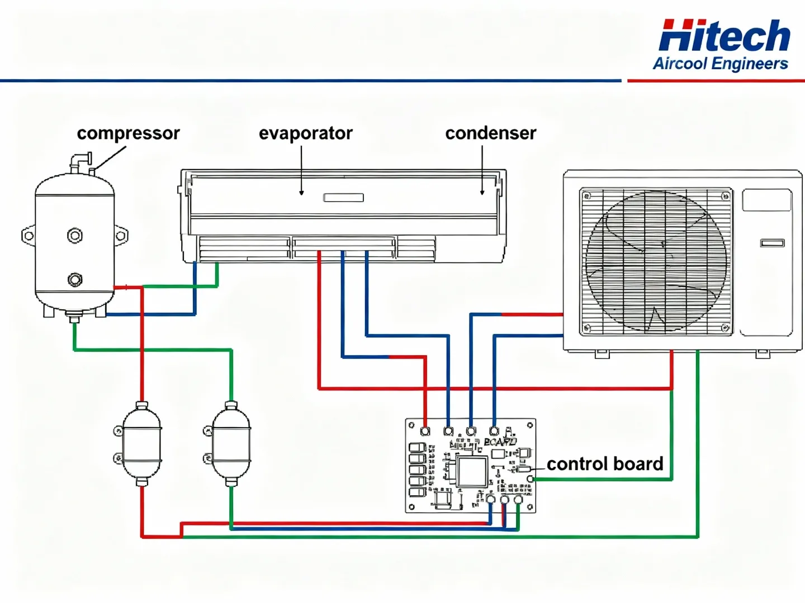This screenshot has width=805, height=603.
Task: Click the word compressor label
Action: [128, 133]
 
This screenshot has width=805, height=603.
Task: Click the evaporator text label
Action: [305, 133]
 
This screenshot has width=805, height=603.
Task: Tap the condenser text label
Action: [490, 133]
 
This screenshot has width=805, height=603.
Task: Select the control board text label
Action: [605, 464]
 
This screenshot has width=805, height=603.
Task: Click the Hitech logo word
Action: [724, 36]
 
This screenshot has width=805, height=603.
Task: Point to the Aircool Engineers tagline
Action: [720, 64]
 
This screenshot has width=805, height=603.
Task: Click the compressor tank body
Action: [74, 257]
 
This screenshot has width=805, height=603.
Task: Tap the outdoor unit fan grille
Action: [656, 261]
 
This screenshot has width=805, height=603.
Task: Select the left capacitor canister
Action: [141, 444]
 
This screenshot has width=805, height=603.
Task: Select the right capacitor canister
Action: [231, 444]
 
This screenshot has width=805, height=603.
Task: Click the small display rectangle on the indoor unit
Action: [343, 198]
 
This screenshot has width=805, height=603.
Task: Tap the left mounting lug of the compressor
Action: [28, 236]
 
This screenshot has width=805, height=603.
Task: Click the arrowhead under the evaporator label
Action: [301, 193]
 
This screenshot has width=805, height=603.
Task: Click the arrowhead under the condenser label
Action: [482, 193]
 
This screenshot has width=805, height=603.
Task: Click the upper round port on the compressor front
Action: [75, 236]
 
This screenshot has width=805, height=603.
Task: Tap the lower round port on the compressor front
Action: [75, 279]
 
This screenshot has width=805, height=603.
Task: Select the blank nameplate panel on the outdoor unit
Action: [766, 200]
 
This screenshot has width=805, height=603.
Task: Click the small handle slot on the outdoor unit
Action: [772, 243]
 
